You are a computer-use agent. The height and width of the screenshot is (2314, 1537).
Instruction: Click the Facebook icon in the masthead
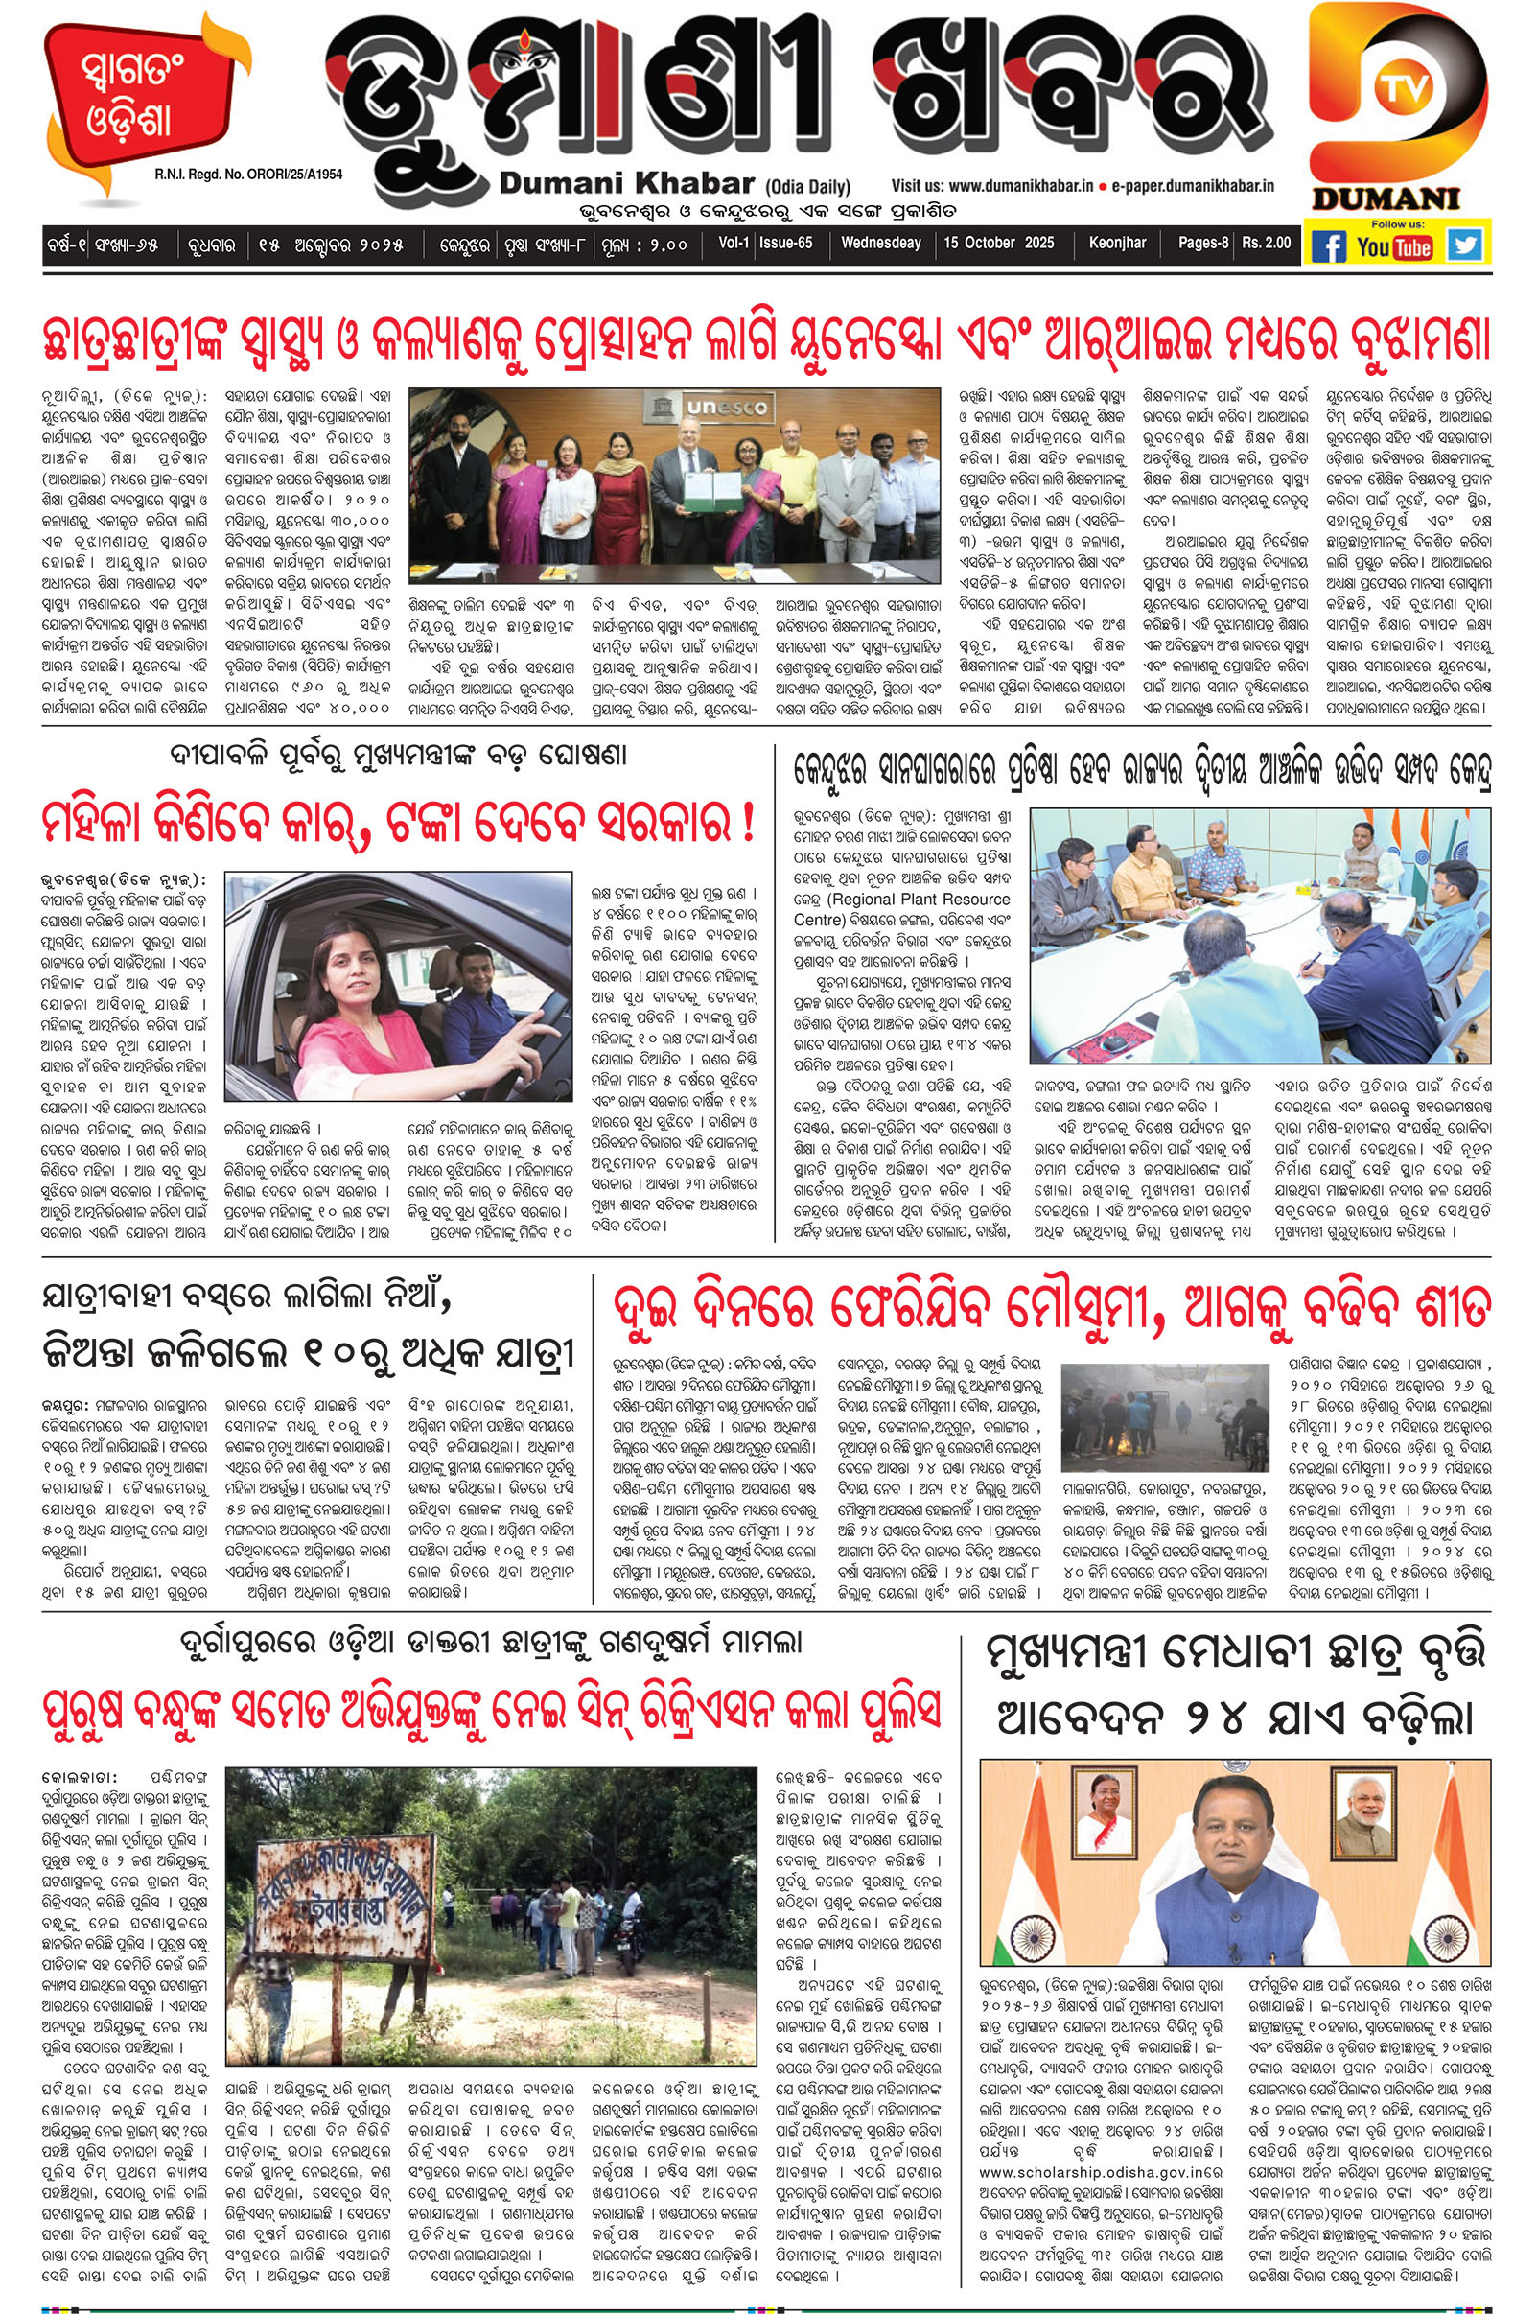click(x=1329, y=246)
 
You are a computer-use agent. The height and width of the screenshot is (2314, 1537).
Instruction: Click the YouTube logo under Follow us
click(x=1396, y=247)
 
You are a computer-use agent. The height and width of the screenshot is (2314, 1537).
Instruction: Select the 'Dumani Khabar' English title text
click(x=626, y=183)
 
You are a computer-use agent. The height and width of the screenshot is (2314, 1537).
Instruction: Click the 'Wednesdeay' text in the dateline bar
click(x=881, y=242)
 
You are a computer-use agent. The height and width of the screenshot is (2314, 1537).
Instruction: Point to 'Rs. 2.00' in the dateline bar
click(x=1267, y=242)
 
